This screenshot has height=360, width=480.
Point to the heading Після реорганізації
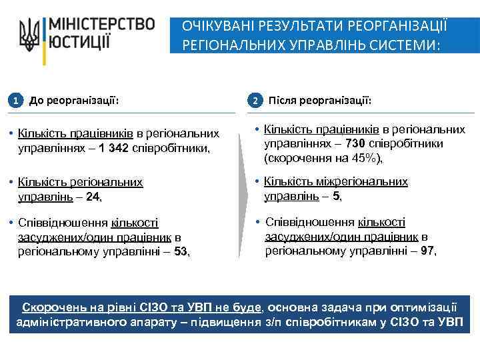(x=319, y=101)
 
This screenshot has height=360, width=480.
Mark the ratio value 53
(x=181, y=251)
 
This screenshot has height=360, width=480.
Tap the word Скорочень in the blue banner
(x=51, y=307)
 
